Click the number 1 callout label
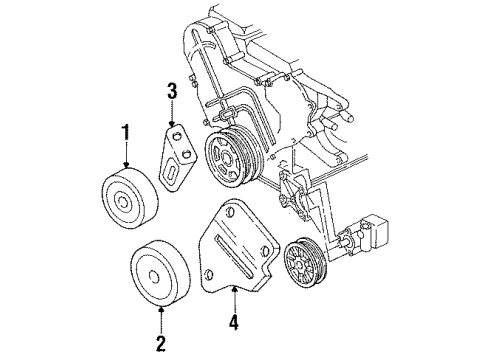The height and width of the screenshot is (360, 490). tap(125, 133)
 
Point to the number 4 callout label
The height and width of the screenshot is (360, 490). tap(233, 324)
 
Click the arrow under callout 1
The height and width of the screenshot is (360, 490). tap(125, 158)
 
